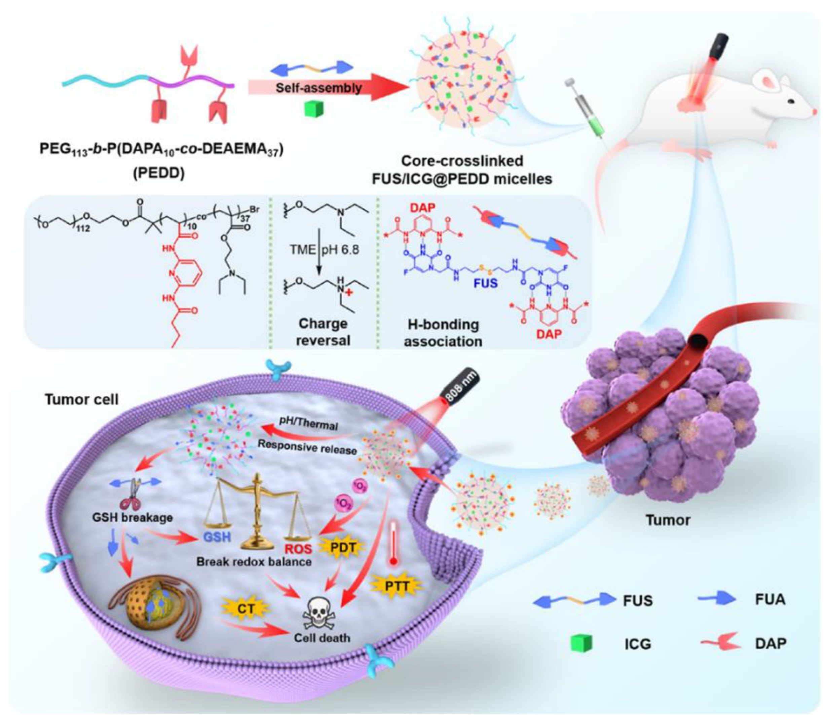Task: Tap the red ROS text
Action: click(298, 548)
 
